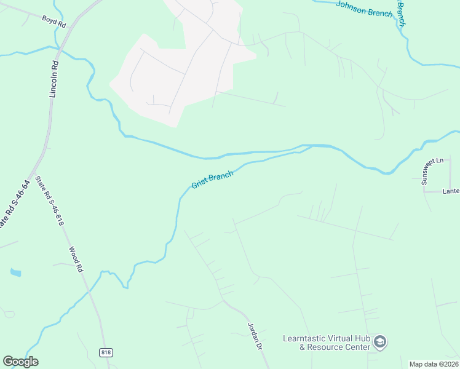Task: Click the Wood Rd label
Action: [75, 260]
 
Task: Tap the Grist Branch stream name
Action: [212, 180]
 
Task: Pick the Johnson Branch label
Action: [364, 9]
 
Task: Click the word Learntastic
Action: [309, 338]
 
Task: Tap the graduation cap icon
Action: [381, 342]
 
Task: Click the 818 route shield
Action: [106, 351]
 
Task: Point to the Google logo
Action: [20, 362]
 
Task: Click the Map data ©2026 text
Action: [434, 364]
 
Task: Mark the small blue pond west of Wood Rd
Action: [15, 272]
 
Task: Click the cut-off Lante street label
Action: [451, 191]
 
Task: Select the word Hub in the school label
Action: [363, 338]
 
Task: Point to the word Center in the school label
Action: [360, 347]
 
